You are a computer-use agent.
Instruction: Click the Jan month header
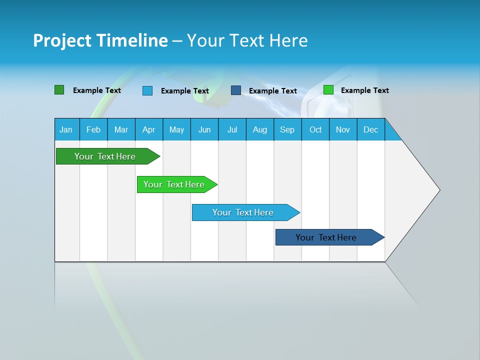tap(66, 129)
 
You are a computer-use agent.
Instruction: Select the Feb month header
tap(93, 129)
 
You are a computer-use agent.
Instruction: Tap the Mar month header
tap(121, 129)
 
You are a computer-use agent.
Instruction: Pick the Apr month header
tap(148, 129)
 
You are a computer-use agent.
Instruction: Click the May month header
tap(176, 129)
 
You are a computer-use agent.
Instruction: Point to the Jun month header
tap(204, 129)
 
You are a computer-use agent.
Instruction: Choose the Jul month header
tap(232, 129)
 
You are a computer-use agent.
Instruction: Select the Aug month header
tap(260, 129)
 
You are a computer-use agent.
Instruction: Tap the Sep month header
tap(287, 129)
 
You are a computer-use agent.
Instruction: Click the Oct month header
tap(315, 129)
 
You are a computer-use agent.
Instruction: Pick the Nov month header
tap(343, 129)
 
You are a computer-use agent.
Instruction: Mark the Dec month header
tap(371, 129)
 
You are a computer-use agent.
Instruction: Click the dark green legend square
tap(59, 90)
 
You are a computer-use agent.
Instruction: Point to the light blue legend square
tap(147, 90)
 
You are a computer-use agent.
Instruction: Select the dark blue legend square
tap(236, 90)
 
